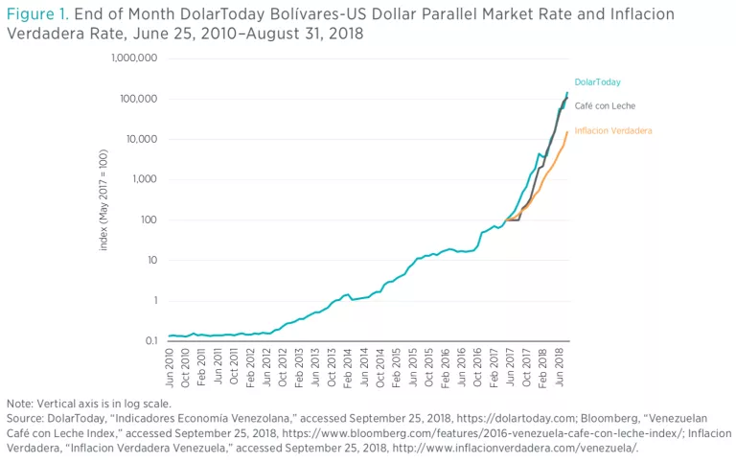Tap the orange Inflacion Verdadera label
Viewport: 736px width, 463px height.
(613, 129)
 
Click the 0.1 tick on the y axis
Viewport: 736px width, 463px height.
(149, 340)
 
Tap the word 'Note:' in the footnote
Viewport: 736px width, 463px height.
(21, 403)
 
